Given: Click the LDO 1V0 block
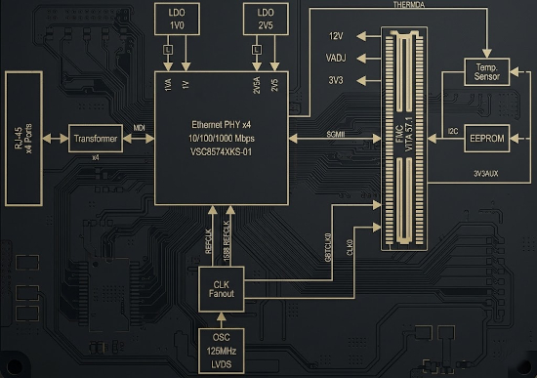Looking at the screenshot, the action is tap(177, 19).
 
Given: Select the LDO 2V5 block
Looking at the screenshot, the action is tap(266, 19).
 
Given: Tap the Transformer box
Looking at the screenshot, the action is tap(96, 139).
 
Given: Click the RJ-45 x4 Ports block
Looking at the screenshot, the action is tap(23, 139).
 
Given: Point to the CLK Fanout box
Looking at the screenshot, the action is tap(222, 289).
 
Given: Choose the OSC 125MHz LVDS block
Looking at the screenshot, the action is tap(222, 351).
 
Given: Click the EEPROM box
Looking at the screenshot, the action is tap(486, 139).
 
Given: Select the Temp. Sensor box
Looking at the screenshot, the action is tap(486, 72).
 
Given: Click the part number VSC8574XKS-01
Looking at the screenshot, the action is tap(221, 151).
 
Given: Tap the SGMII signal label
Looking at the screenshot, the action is tap(336, 134).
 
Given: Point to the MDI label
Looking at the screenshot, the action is tap(139, 128).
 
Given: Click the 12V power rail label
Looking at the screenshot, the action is tap(336, 36).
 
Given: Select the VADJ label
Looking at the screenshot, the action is tap(336, 58).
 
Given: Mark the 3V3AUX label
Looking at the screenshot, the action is tap(486, 174).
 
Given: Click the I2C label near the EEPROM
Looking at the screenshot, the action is tap(453, 131).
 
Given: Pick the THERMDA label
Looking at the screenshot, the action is tap(408, 5).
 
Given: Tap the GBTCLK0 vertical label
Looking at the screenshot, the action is tap(328, 247).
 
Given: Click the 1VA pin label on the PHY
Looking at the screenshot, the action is tap(168, 85).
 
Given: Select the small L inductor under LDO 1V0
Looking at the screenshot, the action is tap(168, 50).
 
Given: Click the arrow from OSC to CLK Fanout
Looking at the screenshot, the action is tap(222, 320).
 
